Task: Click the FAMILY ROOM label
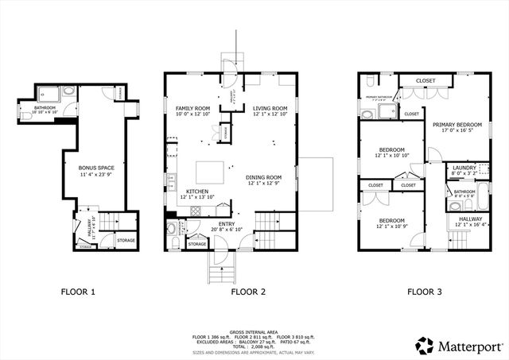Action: click(x=192, y=107)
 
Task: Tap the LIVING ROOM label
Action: click(x=270, y=107)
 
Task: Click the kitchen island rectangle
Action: click(x=212, y=172)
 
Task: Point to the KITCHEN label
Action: click(x=197, y=192)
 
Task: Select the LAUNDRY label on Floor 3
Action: click(x=464, y=167)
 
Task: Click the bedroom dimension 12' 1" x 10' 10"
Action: click(x=391, y=156)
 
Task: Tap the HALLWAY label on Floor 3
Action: click(x=470, y=219)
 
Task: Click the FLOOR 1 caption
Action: click(x=78, y=292)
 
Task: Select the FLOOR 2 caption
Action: click(x=248, y=292)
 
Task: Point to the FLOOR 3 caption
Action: click(x=425, y=292)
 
